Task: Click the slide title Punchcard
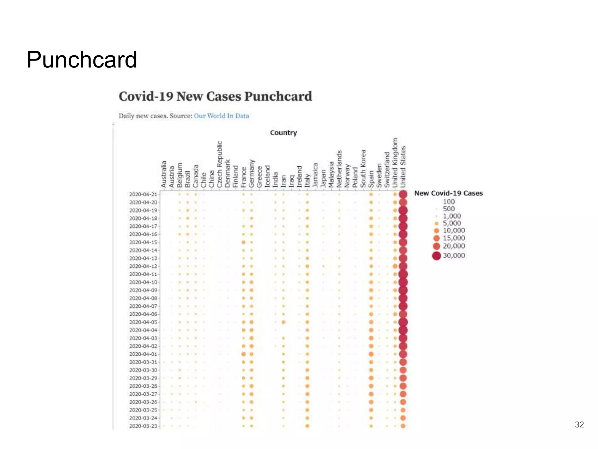[82, 60]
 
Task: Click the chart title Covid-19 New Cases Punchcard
[215, 96]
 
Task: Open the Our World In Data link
[221, 116]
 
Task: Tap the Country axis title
[283, 133]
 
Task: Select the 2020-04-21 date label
[143, 194]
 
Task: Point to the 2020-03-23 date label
[143, 426]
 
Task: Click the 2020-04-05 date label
[143, 322]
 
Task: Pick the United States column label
[403, 167]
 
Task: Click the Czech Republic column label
[220, 164]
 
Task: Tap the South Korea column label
[363, 169]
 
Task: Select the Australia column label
[164, 174]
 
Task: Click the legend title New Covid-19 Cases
[448, 193]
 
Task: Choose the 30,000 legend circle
[437, 256]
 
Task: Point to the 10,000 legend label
[454, 231]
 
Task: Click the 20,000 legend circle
[437, 246]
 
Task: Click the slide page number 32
[579, 424]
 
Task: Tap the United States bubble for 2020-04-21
[403, 194]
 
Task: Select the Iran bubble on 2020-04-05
[283, 322]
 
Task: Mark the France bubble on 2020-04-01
[244, 354]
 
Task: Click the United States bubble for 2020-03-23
[403, 426]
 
